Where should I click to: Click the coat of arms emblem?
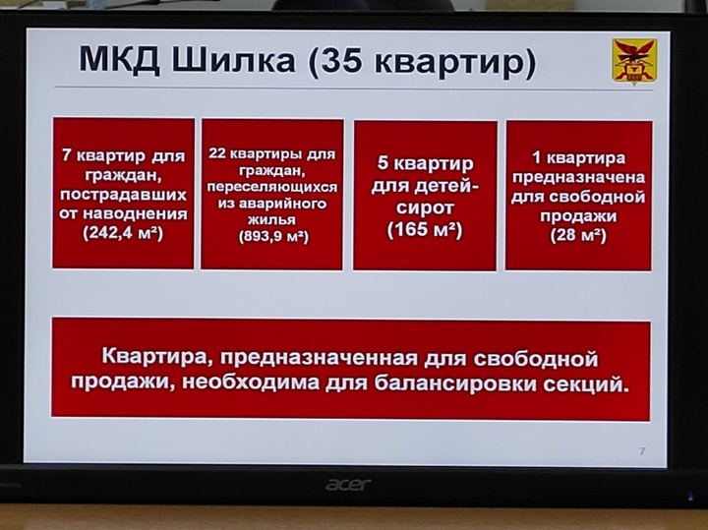click(x=634, y=61)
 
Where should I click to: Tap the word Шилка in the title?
click(x=233, y=60)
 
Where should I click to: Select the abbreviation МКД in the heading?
click(x=119, y=59)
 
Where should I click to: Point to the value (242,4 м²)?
click(x=123, y=233)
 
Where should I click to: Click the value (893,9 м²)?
click(x=273, y=237)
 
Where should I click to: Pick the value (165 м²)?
click(x=425, y=229)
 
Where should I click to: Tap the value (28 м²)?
click(x=578, y=235)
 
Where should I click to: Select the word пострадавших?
click(x=123, y=195)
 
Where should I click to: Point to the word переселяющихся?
click(x=271, y=188)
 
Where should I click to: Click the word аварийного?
click(x=282, y=204)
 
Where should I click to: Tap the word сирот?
click(x=425, y=208)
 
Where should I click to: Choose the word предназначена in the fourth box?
click(x=578, y=177)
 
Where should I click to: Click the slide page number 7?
click(x=642, y=451)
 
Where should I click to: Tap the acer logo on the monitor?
click(x=348, y=485)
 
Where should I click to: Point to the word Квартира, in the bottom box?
click(x=155, y=357)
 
